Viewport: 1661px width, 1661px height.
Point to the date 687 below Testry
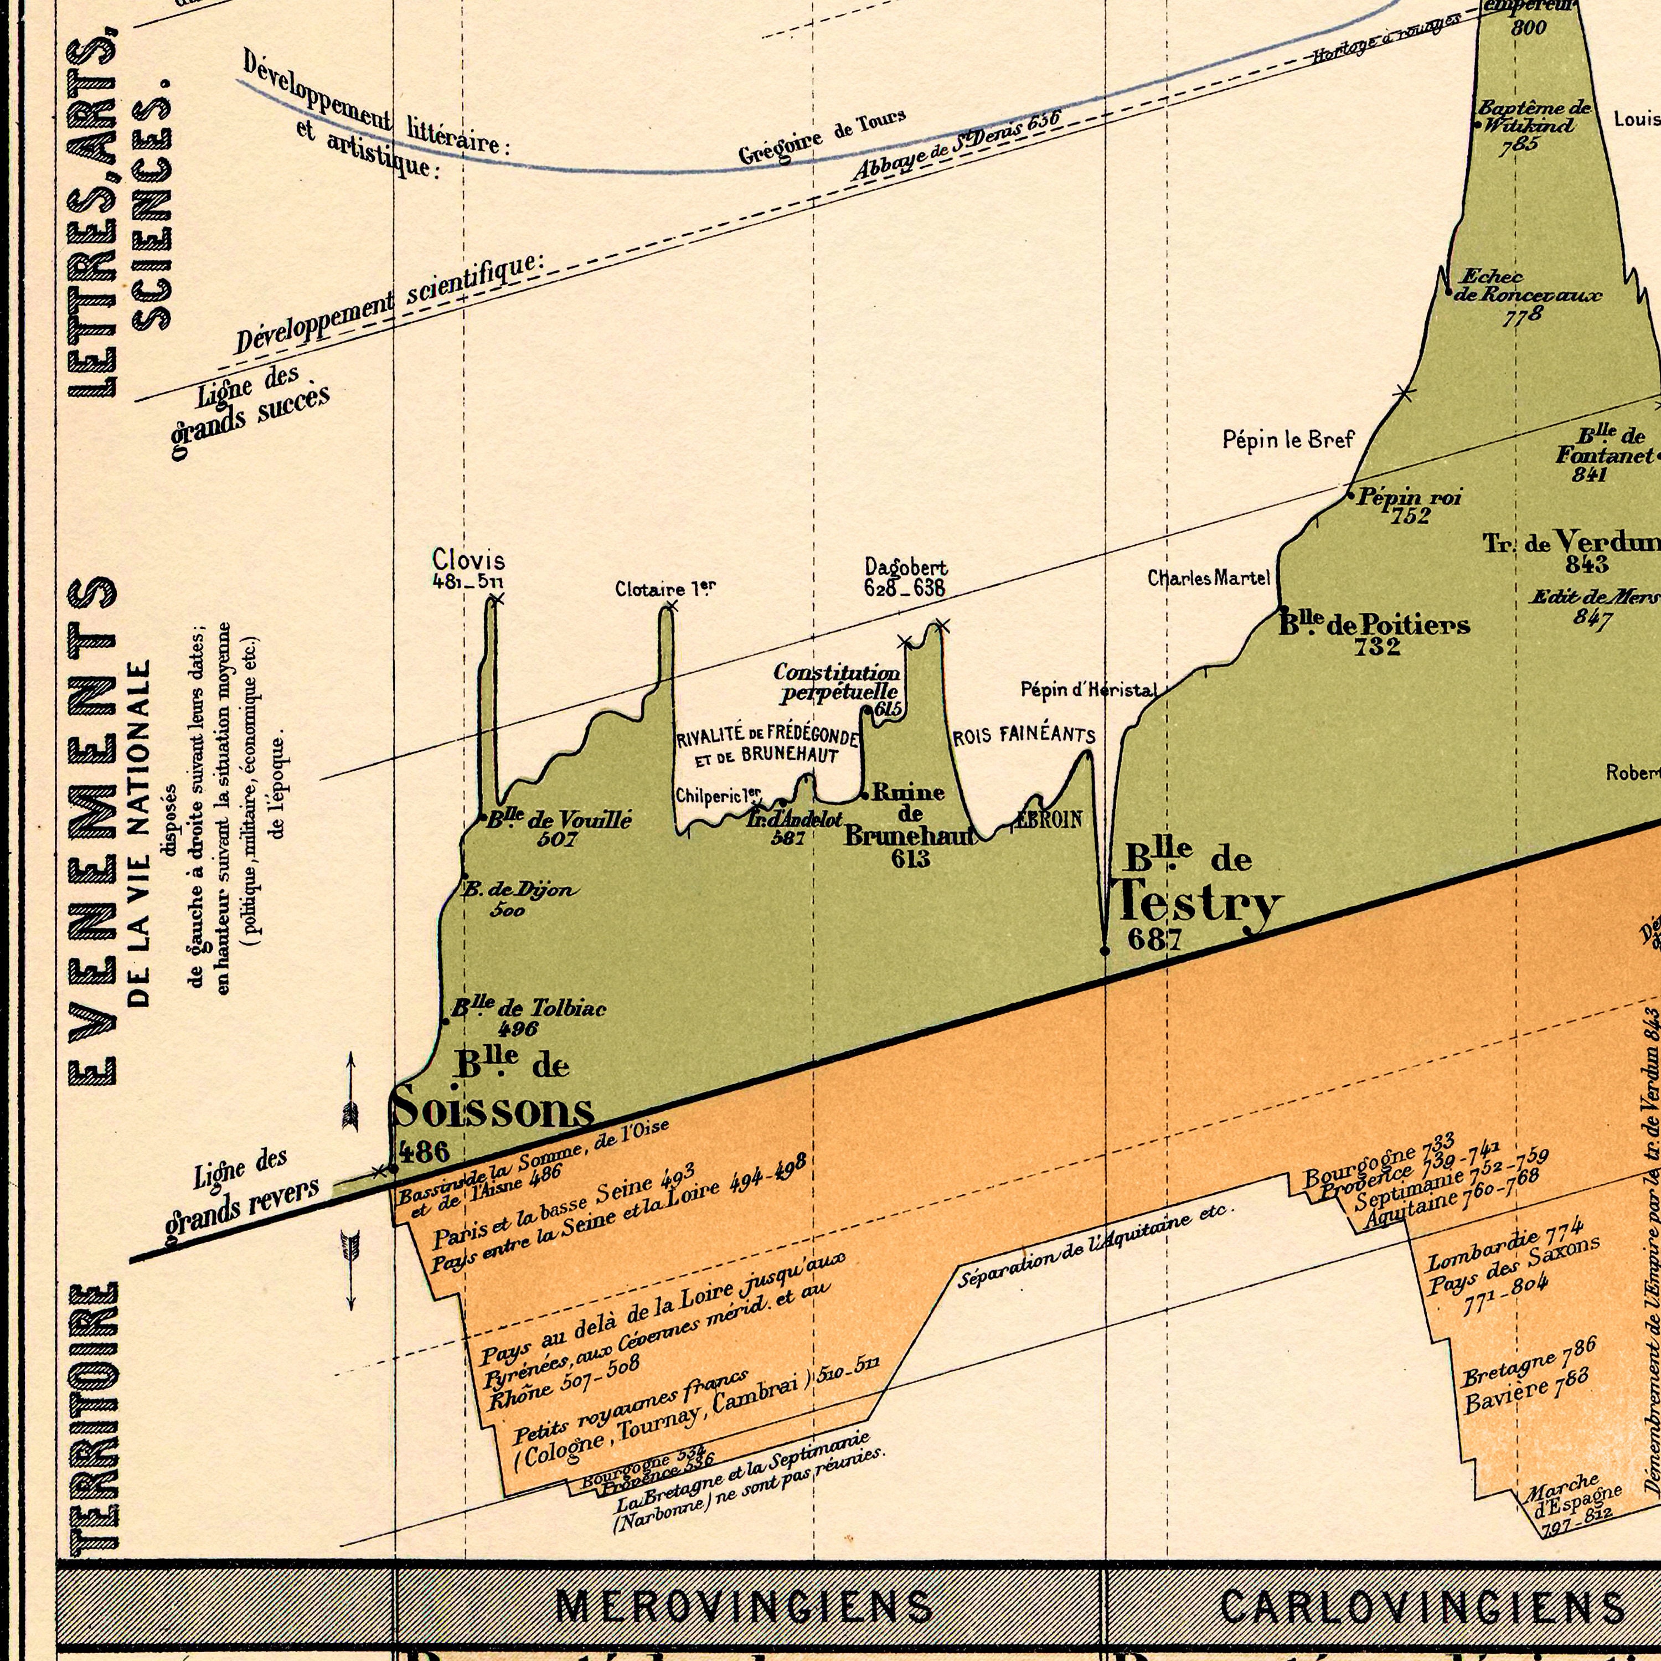[1154, 940]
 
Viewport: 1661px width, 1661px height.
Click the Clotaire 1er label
[664, 589]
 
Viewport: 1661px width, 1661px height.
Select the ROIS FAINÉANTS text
[1024, 736]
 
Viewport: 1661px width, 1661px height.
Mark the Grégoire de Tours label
[821, 137]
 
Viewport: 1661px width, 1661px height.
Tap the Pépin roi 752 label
[1408, 505]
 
